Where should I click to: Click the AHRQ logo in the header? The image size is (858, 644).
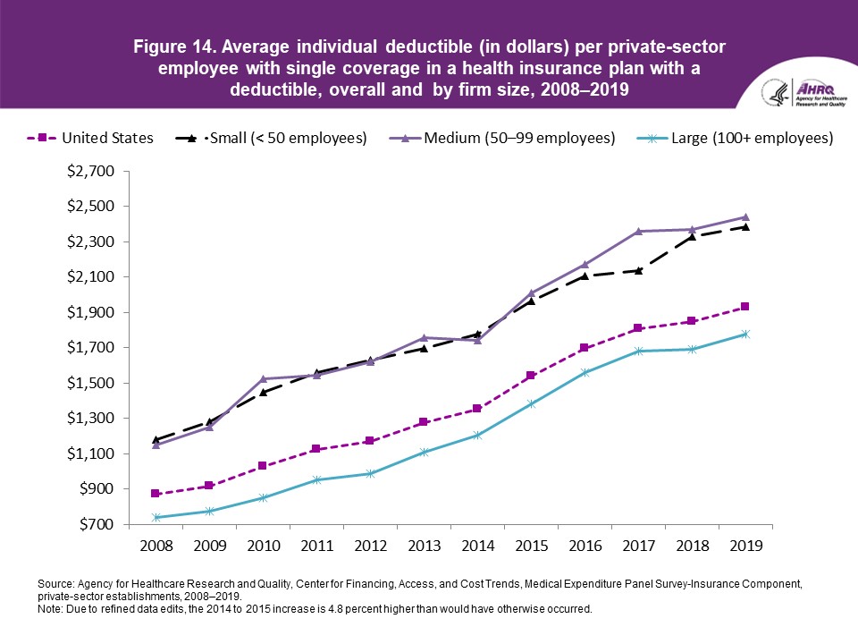[x=801, y=93]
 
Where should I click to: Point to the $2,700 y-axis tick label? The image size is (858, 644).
[x=92, y=171]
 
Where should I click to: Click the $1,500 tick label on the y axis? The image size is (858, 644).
[x=92, y=383]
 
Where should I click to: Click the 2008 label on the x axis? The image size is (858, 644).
[x=156, y=545]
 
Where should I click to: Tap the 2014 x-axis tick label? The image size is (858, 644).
[x=477, y=545]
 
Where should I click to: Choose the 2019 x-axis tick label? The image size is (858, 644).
[x=745, y=545]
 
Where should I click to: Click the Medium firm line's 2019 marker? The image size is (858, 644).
[x=745, y=217]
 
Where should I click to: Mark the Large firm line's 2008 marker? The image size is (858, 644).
[x=156, y=517]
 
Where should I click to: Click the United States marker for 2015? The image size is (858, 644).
[x=531, y=376]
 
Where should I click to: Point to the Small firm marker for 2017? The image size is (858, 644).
[x=638, y=270]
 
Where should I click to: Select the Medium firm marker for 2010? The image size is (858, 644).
[x=263, y=379]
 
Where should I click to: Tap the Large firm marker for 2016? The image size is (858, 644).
[x=585, y=372]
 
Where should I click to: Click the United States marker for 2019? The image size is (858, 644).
[x=745, y=307]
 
